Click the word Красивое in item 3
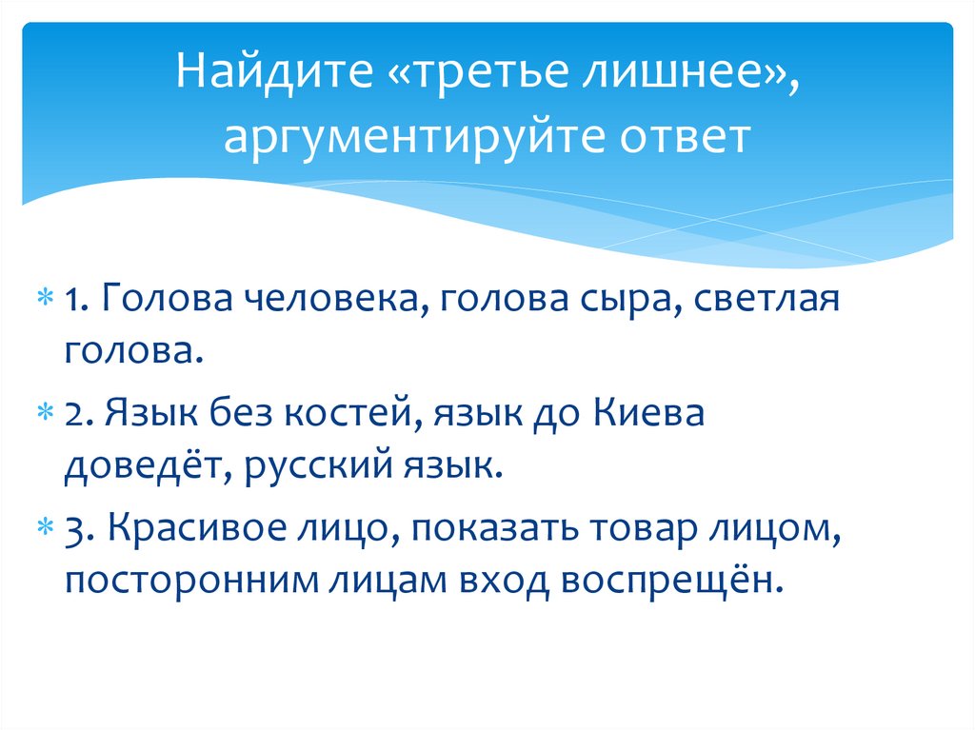[195, 527]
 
